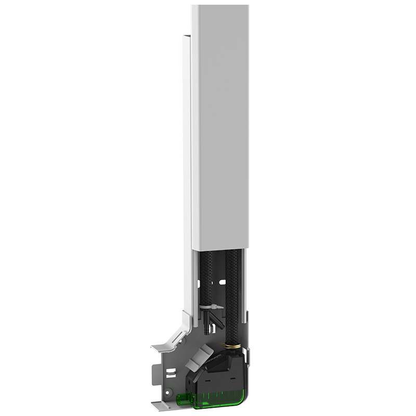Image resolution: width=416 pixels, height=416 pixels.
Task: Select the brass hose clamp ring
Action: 233,346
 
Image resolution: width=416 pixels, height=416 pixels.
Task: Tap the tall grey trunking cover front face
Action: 221,130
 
